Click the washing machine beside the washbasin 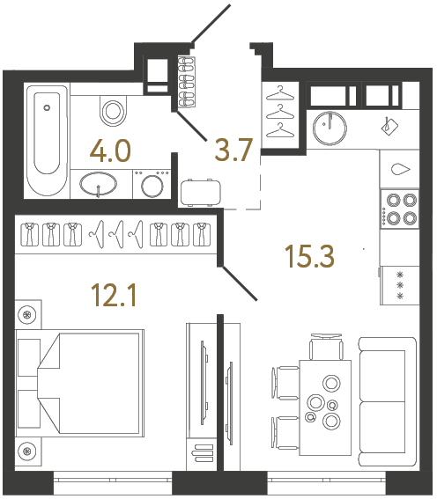click(x=153, y=187)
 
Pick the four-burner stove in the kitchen click(x=401, y=209)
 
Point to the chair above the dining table click(x=325, y=347)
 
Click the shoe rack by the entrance click(x=186, y=81)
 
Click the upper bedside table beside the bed click(x=29, y=315)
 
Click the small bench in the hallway click(x=202, y=191)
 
